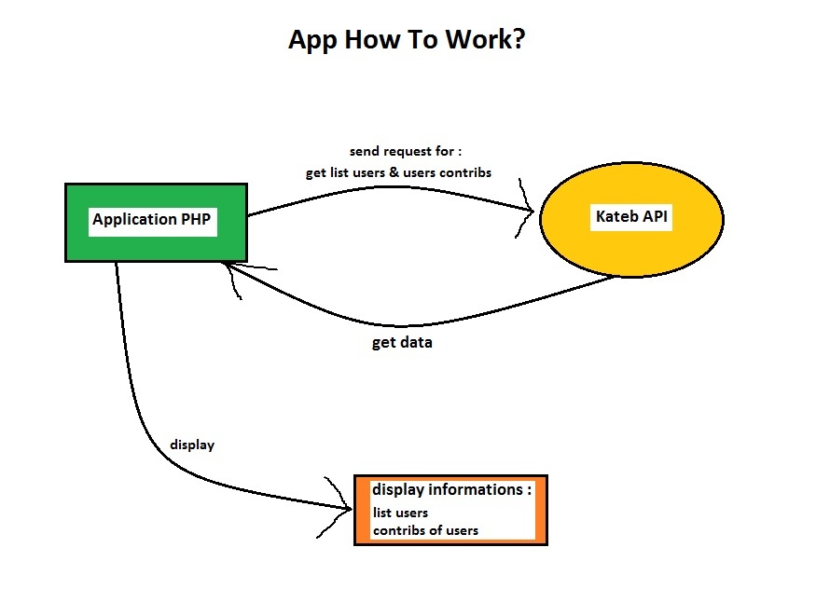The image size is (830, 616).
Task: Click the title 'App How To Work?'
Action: (x=408, y=41)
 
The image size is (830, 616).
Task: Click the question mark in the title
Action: (x=519, y=41)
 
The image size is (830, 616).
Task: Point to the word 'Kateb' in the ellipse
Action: (x=616, y=217)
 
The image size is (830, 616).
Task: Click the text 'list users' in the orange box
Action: (x=401, y=513)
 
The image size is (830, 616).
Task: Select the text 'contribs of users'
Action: (x=426, y=530)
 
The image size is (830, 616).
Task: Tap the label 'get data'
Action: (x=402, y=342)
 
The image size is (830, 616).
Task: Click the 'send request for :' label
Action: (x=406, y=151)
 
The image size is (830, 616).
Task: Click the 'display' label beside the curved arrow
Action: (x=192, y=445)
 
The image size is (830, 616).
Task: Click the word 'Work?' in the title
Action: (x=488, y=41)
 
